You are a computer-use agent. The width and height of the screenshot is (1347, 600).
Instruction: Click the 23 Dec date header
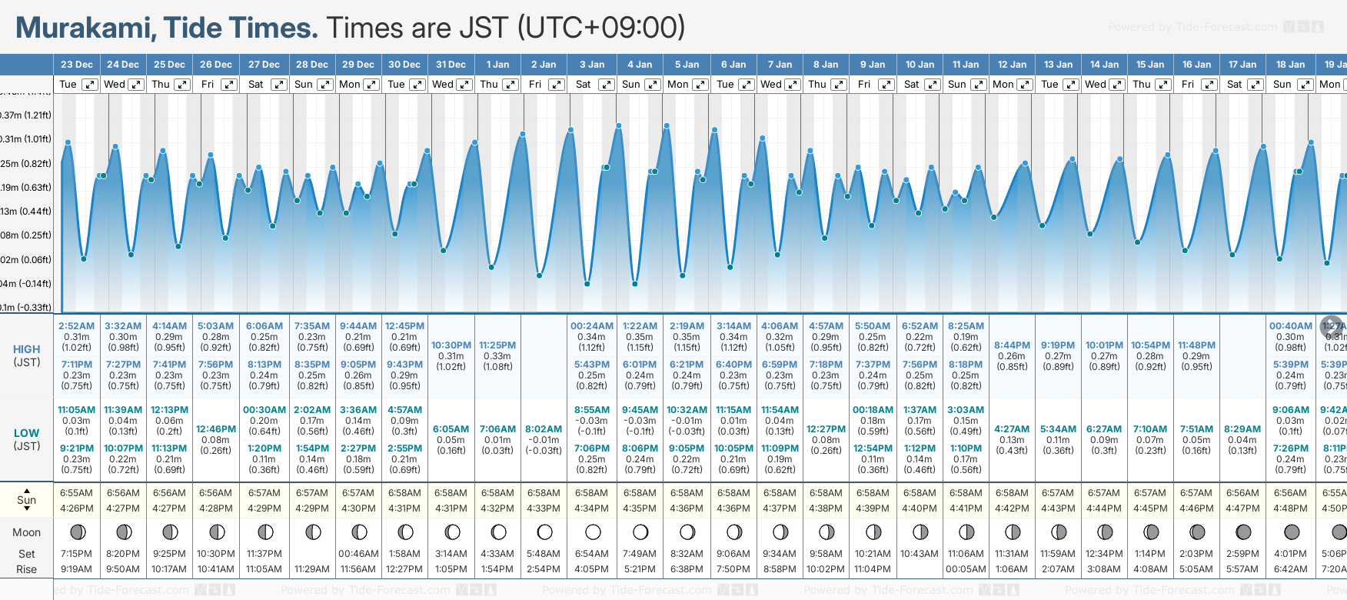tap(76, 65)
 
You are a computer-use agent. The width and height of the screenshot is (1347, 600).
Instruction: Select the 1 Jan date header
tap(497, 65)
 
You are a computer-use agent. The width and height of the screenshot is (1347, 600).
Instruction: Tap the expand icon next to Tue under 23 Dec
tap(90, 85)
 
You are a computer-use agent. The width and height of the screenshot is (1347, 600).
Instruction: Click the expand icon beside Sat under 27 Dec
tap(279, 85)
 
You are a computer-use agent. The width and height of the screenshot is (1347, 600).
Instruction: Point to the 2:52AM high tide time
tap(76, 326)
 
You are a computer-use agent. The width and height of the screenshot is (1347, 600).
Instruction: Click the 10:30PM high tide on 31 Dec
tap(451, 345)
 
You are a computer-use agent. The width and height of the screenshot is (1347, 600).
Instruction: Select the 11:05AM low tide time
tap(76, 410)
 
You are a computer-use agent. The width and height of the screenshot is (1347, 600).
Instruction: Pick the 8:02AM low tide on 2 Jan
tap(544, 429)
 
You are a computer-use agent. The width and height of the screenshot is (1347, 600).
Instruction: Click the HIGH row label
tap(27, 349)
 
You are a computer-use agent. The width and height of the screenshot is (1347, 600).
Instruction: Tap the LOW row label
tap(27, 433)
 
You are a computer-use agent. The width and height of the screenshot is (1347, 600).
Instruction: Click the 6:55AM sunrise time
tap(76, 493)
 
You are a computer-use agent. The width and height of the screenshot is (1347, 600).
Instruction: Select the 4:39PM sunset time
tap(873, 508)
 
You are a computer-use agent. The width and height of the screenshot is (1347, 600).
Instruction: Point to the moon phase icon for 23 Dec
tap(77, 532)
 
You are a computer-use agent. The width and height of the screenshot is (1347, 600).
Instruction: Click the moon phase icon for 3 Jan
tap(593, 532)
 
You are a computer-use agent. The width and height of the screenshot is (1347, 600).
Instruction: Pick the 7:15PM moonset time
tap(76, 554)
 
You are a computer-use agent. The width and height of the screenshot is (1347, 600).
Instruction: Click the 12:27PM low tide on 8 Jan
tap(826, 429)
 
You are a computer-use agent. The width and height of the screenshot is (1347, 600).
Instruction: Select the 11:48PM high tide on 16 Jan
tap(1196, 345)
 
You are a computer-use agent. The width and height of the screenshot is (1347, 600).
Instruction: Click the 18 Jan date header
tap(1290, 65)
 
